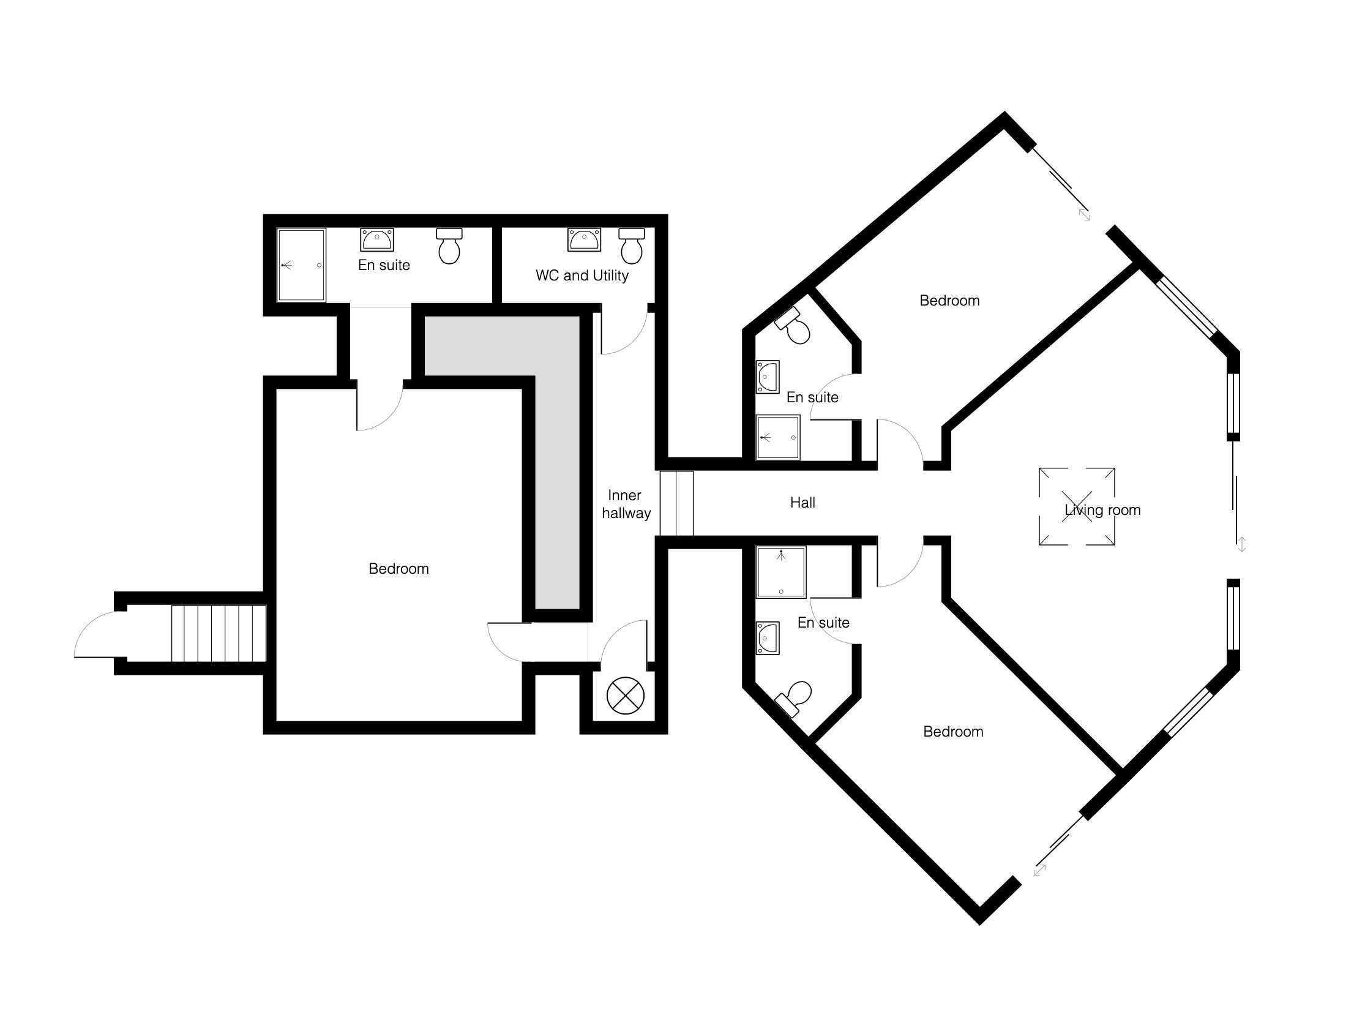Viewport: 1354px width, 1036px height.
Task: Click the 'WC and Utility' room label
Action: (x=582, y=275)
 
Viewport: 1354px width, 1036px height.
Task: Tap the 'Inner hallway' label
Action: (x=626, y=504)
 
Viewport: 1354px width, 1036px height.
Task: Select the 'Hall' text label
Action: (x=802, y=503)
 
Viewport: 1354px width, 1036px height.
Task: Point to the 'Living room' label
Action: (x=1102, y=510)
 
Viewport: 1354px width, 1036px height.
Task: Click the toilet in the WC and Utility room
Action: (x=632, y=246)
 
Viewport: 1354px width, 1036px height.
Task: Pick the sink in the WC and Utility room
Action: (x=584, y=239)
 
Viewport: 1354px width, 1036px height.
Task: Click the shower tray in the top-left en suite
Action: (x=302, y=265)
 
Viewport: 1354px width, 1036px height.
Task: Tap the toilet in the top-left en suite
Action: (x=449, y=246)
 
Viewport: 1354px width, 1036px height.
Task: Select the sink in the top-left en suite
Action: (x=376, y=239)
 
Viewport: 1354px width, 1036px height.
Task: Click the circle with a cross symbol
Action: (x=625, y=696)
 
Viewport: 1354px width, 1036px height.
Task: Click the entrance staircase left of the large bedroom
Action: (x=219, y=633)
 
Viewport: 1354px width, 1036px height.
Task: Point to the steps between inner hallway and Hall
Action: (x=676, y=503)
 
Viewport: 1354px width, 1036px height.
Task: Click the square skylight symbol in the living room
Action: (x=1077, y=507)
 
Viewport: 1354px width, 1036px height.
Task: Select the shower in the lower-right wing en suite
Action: (x=781, y=572)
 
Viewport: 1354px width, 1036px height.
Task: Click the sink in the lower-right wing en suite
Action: (x=768, y=637)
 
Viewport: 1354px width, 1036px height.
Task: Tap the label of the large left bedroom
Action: (x=398, y=569)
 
